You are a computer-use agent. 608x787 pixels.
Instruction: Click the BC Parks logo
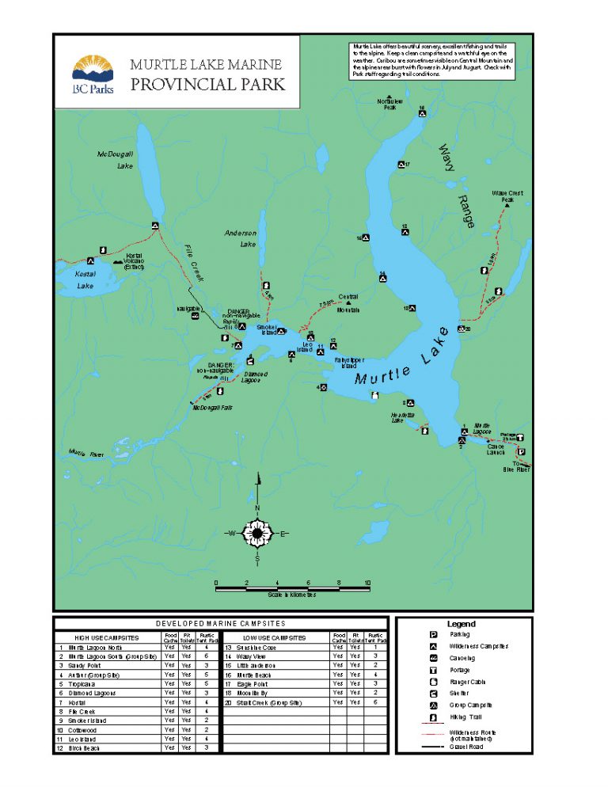(93, 74)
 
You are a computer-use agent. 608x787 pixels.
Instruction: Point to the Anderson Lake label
(240, 238)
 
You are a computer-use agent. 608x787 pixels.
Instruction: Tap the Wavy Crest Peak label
(507, 196)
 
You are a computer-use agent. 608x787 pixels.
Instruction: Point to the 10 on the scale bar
(367, 584)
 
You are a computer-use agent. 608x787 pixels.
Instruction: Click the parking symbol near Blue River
(521, 452)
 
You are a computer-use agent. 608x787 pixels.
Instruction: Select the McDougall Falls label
(211, 407)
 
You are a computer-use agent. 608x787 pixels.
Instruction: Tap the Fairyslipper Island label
(348, 363)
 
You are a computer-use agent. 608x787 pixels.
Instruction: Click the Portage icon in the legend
(434, 670)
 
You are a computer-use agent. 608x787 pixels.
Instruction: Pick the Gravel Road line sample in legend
(432, 747)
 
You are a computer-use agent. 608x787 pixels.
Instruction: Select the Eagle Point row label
(253, 683)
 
